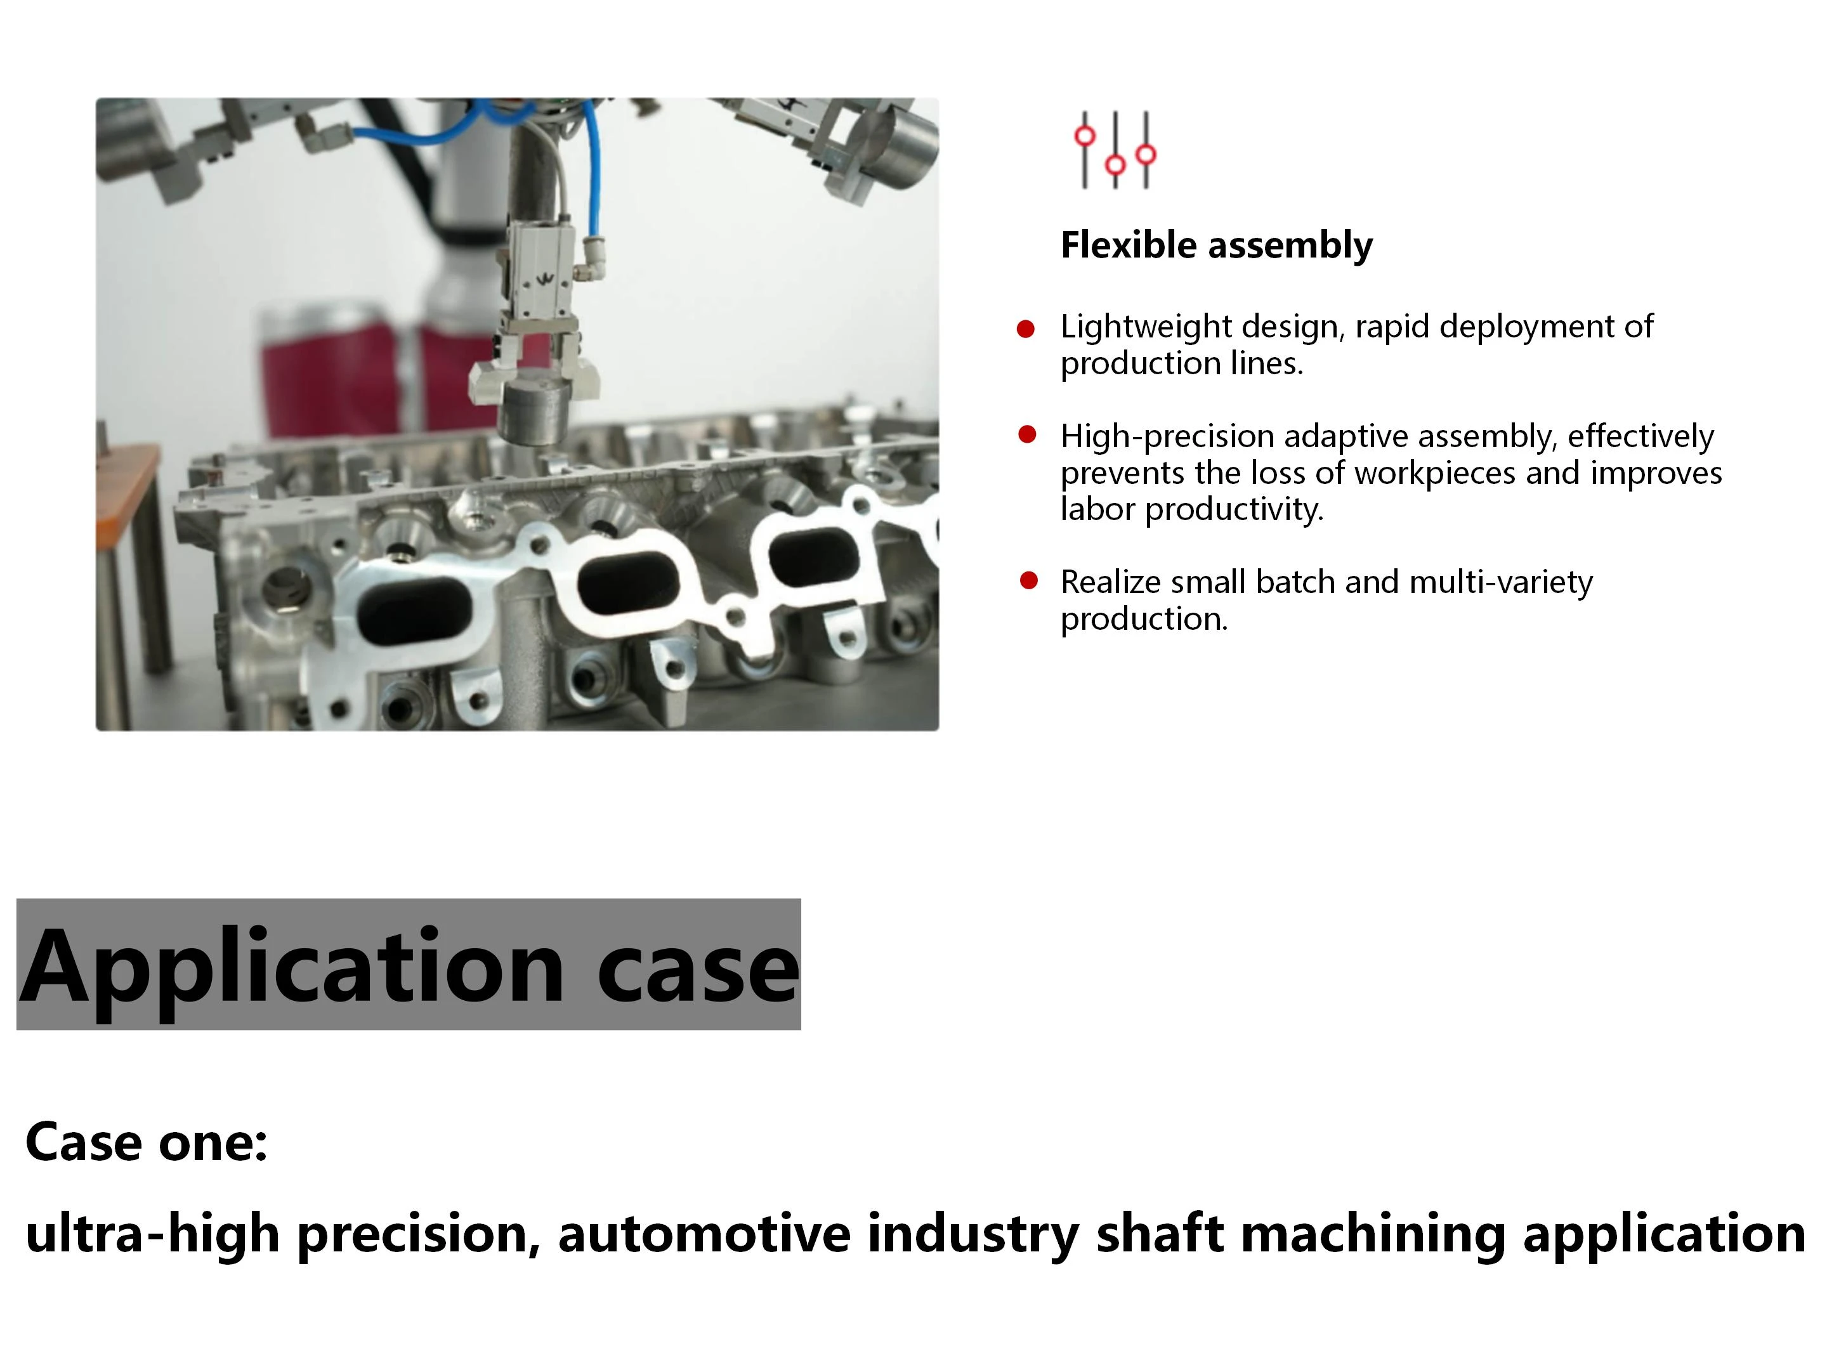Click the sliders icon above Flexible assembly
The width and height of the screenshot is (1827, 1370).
pyautogui.click(x=1115, y=150)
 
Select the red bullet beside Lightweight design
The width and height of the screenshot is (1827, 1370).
pyautogui.click(x=1026, y=329)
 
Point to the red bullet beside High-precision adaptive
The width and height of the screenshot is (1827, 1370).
pyautogui.click(x=1028, y=434)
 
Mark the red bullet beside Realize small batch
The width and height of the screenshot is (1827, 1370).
pyautogui.click(x=1028, y=580)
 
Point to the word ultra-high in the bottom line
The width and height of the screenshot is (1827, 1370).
pyautogui.click(x=153, y=1234)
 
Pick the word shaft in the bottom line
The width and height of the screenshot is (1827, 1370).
pyautogui.click(x=1160, y=1232)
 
